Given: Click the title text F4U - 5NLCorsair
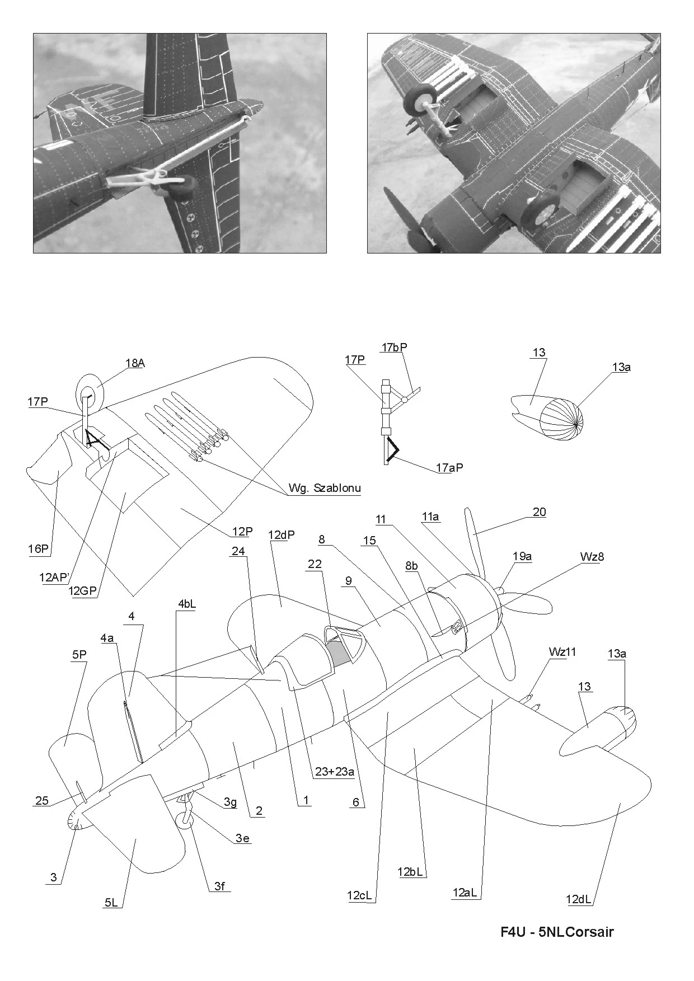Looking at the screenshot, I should point(557,932).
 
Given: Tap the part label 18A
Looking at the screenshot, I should point(135,363).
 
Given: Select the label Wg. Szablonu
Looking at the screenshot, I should point(325,488).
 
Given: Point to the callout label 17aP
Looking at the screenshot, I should point(449,468).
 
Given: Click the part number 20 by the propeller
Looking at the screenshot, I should point(539,512).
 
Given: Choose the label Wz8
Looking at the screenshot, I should point(592,557).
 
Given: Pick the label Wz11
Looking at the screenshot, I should point(562,652).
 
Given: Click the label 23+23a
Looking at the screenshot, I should point(335,772).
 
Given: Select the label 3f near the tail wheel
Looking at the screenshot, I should point(220,886).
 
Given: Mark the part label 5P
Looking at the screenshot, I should point(79,656).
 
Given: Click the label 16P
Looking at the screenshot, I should point(38,549).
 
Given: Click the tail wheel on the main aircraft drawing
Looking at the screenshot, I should point(185,820).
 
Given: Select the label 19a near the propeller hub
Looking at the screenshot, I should point(522,556).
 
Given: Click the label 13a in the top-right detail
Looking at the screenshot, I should point(621,368).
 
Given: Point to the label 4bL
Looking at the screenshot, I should point(187,604).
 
